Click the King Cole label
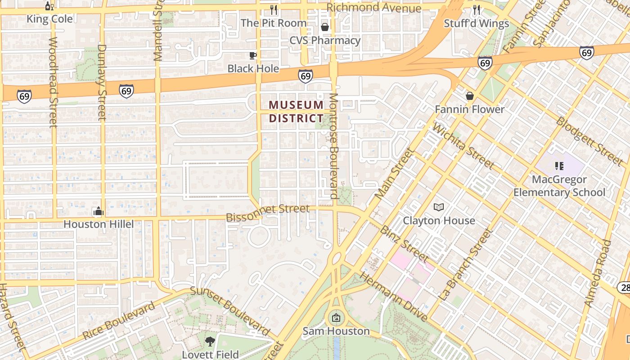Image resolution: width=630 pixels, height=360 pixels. pos(49,19)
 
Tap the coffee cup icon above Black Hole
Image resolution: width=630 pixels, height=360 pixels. pos(253,55)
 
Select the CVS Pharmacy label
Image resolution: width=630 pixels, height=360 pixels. pos(325,40)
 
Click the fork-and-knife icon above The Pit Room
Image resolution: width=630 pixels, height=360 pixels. pos(274,9)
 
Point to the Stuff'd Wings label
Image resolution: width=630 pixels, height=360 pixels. pos(477,23)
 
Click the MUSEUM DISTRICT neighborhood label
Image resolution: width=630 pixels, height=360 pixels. pos(296,112)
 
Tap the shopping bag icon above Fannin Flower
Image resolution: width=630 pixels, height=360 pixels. pos(470,96)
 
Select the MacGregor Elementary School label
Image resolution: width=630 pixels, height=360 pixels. pos(559,186)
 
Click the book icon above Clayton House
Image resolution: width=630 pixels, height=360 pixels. pos(439,207)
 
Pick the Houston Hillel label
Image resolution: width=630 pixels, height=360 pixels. pos(99,224)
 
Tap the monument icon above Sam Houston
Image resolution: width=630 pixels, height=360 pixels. pos(336,318)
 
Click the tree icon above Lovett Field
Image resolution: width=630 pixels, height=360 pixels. pos(210,341)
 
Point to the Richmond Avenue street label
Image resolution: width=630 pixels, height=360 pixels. pos(374,8)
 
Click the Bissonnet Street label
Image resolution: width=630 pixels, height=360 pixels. pos(268,213)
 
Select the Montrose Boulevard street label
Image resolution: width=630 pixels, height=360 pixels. pos(333,146)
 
